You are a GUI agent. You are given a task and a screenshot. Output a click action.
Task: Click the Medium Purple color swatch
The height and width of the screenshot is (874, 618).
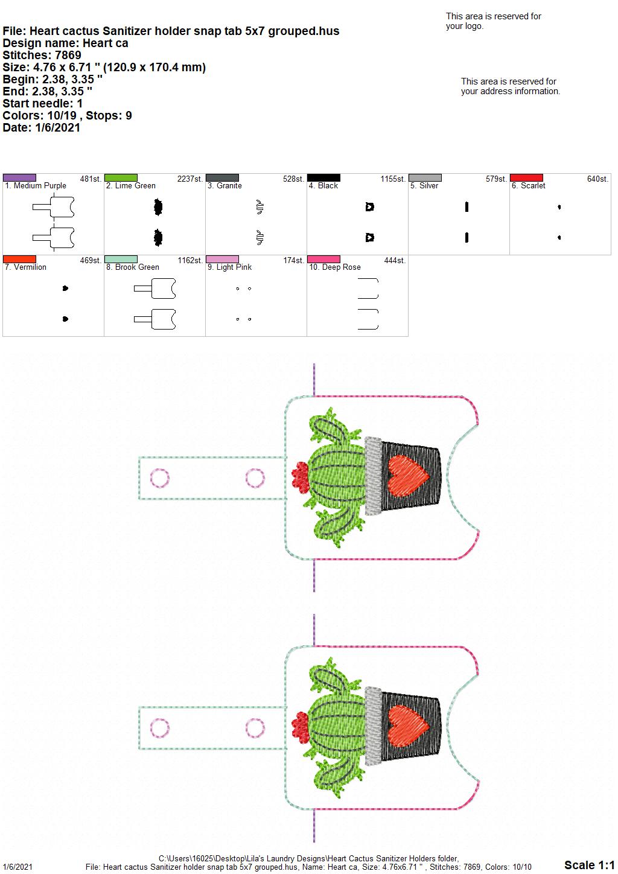tap(19, 177)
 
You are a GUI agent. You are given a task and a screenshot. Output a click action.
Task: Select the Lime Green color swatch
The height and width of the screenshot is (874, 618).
tap(121, 177)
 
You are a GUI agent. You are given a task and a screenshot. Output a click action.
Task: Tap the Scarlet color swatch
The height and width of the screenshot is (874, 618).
tap(526, 177)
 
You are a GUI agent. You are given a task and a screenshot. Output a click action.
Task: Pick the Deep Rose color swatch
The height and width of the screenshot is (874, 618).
tap(323, 259)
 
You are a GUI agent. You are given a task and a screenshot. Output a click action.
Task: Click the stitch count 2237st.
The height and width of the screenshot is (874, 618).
tap(190, 179)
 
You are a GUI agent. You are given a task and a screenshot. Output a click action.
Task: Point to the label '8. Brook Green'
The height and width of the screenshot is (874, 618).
tap(133, 267)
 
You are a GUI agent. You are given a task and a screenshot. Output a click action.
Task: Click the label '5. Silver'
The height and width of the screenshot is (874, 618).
tap(424, 185)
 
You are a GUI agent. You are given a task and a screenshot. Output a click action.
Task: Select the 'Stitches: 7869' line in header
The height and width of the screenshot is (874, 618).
tap(42, 55)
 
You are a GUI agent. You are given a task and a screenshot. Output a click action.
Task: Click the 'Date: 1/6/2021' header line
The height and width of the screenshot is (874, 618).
tap(41, 127)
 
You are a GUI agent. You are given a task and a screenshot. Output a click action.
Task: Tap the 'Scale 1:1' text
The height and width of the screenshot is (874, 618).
tap(589, 864)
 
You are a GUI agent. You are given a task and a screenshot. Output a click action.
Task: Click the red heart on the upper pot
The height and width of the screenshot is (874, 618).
tap(409, 476)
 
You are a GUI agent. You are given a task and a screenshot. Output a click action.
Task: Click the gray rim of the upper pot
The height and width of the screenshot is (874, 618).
tap(374, 476)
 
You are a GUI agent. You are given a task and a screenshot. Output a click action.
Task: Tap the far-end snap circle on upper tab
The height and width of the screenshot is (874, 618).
tap(159, 478)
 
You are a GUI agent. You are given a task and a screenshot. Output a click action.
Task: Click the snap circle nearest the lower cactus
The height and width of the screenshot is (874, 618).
tap(255, 728)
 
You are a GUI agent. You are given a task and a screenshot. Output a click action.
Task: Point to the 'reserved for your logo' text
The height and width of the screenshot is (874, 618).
tap(493, 21)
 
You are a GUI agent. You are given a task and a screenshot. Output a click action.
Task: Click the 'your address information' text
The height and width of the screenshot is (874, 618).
tap(511, 91)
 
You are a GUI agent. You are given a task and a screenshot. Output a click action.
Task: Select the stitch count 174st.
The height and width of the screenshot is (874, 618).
tap(294, 260)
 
